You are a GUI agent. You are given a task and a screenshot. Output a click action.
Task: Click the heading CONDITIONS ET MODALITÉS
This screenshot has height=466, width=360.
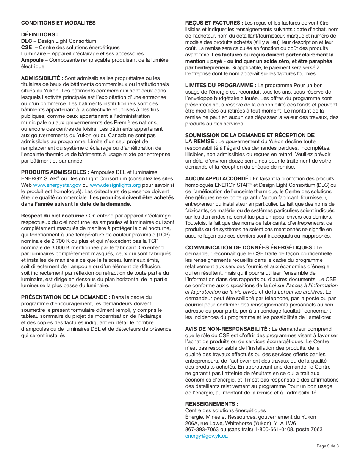58,23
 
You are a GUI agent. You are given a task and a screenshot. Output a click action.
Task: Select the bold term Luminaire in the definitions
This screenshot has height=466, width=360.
33,54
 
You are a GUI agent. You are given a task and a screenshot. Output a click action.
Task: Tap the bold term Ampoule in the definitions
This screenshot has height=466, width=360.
32,60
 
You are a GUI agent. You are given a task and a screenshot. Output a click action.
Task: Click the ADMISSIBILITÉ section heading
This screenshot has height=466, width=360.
42,78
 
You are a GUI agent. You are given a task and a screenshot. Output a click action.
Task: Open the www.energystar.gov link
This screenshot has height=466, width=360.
57,185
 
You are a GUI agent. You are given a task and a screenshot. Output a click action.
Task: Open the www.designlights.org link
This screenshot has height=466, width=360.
115,185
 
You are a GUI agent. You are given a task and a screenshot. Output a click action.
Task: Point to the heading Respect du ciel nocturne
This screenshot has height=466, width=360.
54,216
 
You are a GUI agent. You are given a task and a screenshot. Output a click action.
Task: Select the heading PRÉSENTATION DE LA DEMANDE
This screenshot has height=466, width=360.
66,297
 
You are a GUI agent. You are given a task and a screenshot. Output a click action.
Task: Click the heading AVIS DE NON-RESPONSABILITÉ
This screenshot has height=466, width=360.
228,329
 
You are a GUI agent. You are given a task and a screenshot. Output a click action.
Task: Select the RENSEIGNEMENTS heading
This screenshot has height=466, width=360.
211,404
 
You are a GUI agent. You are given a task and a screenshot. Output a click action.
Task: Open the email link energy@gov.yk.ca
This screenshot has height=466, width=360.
206,436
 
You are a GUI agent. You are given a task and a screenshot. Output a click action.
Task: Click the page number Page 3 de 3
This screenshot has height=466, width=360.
327,446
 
